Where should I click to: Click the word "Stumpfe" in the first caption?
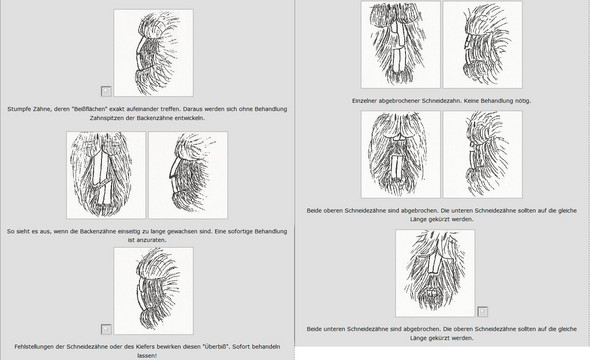click(18, 109)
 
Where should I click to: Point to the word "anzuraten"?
click(151, 240)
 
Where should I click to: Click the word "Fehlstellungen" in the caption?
click(34, 346)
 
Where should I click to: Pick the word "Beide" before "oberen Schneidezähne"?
click(314, 211)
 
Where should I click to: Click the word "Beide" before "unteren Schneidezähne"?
click(314, 329)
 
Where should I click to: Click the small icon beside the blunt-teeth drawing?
click(106, 91)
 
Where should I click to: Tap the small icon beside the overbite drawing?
click(106, 329)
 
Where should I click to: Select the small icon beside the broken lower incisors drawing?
click(483, 312)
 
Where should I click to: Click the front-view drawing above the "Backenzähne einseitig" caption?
click(106, 175)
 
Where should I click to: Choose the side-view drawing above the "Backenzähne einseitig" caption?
click(188, 175)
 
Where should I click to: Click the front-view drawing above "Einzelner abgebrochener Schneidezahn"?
click(401, 44)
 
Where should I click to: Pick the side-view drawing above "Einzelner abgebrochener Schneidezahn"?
click(483, 44)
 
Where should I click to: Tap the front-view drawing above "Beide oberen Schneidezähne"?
click(401, 154)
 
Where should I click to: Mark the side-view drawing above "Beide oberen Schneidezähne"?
click(483, 154)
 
